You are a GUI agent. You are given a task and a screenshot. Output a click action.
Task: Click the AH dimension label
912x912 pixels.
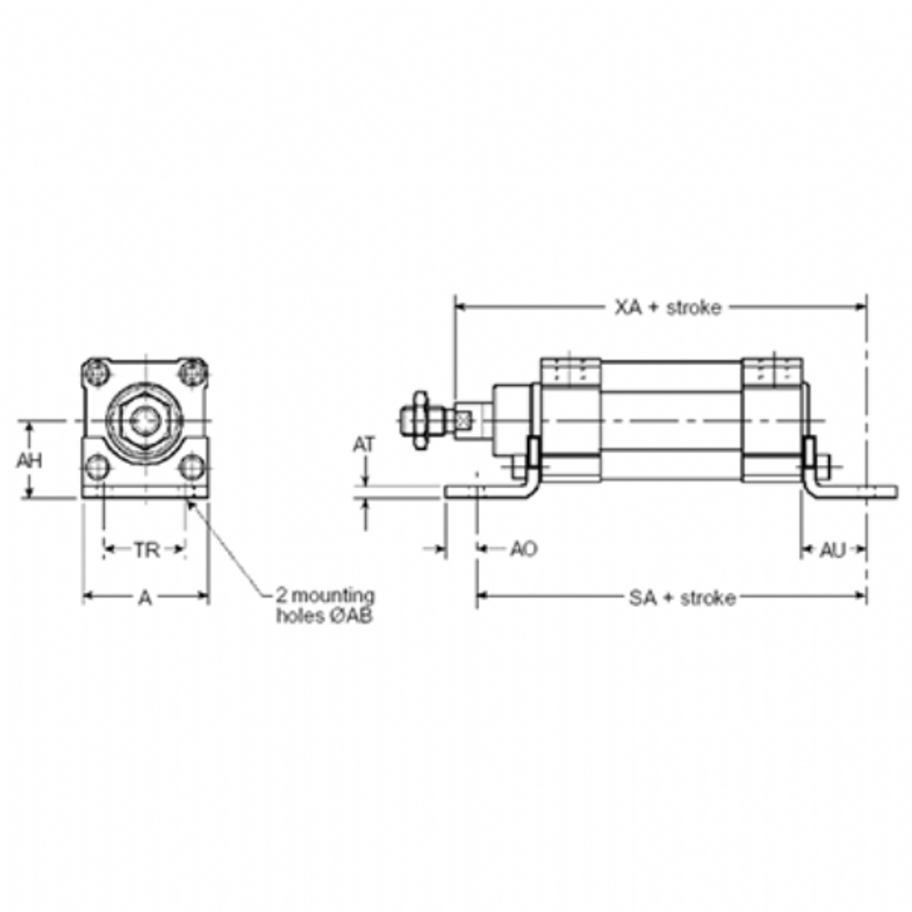click(x=29, y=461)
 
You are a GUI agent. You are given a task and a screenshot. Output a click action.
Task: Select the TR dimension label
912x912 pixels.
click(x=147, y=550)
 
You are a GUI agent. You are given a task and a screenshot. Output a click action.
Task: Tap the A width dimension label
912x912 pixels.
click(x=145, y=597)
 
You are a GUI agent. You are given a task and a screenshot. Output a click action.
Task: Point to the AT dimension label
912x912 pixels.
click(x=364, y=445)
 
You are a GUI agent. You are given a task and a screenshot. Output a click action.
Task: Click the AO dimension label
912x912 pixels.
click(x=523, y=548)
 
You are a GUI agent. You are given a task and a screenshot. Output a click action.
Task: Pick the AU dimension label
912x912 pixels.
click(x=833, y=550)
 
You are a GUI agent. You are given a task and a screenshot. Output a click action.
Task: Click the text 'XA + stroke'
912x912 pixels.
click(x=668, y=307)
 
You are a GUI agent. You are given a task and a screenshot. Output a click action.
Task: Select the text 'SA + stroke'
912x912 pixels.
click(x=682, y=598)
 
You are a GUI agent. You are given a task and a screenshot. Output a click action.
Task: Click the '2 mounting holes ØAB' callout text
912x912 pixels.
click(x=326, y=606)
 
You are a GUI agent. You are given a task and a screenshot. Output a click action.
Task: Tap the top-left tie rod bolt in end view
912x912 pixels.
click(x=96, y=372)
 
